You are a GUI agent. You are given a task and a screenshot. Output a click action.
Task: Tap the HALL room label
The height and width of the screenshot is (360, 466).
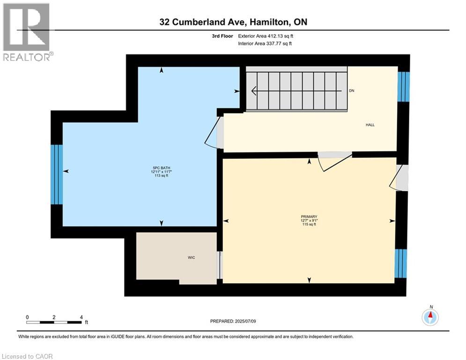click(370, 125)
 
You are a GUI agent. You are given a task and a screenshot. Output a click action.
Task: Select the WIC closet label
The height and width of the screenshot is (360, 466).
click(191, 258)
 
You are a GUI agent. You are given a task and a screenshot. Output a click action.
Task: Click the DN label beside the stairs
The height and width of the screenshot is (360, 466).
click(352, 90)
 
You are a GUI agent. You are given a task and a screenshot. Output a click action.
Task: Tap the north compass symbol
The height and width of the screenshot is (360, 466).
click(430, 317)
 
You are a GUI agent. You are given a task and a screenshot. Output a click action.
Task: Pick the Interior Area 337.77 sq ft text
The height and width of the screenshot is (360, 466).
click(265, 44)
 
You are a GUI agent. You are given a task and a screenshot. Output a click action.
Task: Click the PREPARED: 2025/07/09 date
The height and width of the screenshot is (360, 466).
click(233, 321)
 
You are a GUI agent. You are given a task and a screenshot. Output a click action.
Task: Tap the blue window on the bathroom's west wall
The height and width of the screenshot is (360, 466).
click(57, 174)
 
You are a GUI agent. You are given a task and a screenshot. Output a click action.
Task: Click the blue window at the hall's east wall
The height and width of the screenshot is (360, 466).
click(403, 87)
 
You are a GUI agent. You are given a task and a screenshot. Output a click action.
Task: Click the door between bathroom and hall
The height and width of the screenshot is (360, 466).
click(215, 132)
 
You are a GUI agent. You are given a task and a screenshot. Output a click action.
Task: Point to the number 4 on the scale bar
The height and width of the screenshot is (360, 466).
click(81, 317)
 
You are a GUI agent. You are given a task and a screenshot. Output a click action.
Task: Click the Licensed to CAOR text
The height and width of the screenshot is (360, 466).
click(28, 356)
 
